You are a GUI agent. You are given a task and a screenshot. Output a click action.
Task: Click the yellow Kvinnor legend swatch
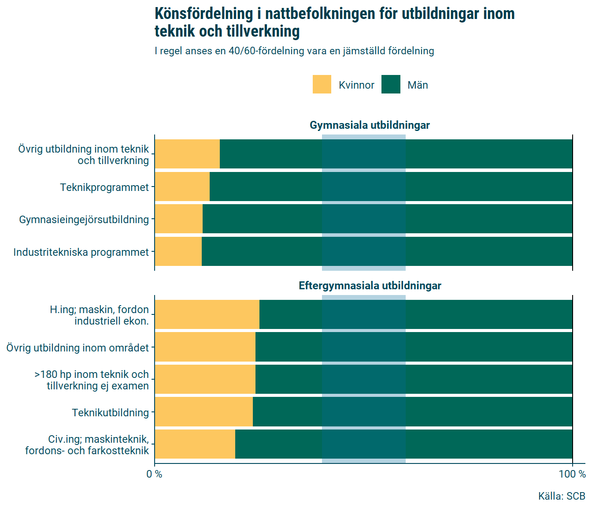[322, 84]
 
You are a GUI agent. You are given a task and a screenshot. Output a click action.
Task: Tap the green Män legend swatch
[391, 84]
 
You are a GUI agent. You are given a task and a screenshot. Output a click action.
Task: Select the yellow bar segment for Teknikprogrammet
[182, 187]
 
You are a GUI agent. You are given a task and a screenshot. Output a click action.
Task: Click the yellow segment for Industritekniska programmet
[178, 251]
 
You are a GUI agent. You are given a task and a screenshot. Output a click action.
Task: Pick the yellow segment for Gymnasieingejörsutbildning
[178, 219]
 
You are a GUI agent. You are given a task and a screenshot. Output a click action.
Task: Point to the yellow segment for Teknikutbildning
[203, 412]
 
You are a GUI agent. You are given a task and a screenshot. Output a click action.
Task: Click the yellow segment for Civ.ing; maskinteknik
[195, 444]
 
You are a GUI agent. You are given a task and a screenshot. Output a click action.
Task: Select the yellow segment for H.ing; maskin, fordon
[207, 314]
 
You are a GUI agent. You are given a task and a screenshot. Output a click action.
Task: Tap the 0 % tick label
[154, 474]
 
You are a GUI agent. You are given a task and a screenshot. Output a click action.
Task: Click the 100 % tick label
[572, 474]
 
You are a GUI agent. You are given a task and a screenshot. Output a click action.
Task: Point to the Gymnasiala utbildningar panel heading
[370, 125]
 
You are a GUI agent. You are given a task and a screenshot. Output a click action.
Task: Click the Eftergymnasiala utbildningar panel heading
[370, 286]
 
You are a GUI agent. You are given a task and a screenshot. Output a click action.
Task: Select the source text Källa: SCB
[562, 496]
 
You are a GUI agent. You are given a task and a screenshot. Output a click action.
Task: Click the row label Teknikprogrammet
[104, 187]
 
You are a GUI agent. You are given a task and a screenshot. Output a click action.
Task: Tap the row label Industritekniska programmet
[81, 252]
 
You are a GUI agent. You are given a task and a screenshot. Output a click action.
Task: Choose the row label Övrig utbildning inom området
[78, 348]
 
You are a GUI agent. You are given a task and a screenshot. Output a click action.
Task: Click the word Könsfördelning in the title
[203, 14]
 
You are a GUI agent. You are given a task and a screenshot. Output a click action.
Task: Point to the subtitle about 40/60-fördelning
[294, 51]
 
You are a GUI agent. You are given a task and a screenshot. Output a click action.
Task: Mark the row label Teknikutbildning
[111, 413]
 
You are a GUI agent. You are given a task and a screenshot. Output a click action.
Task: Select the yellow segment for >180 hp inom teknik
[205, 379]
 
